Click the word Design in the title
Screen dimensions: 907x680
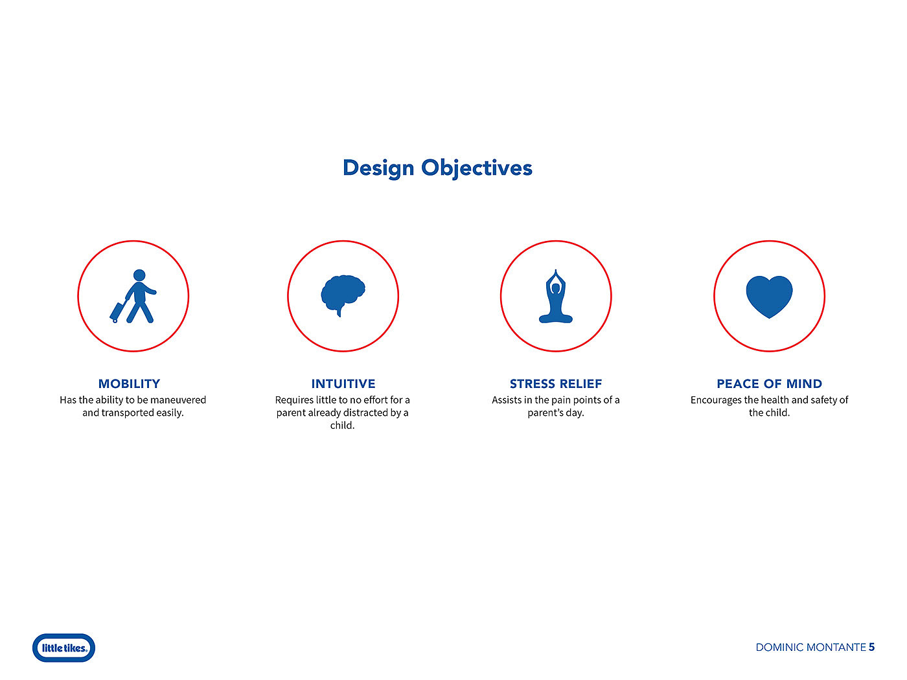point(378,168)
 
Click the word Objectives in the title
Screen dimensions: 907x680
point(477,168)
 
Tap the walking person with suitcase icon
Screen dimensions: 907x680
point(133,296)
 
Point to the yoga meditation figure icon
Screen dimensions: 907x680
point(556,296)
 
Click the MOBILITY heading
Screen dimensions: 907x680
point(129,383)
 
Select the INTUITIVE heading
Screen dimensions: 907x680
point(343,383)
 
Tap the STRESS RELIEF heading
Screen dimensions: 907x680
point(556,383)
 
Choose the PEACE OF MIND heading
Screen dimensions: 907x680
point(770,383)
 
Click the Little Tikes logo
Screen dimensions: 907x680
point(63,648)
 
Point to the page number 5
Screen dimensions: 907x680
point(871,647)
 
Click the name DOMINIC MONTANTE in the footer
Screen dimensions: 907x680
point(810,648)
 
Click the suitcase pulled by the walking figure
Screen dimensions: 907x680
point(117,312)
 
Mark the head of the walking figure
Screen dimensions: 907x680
point(139,275)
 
